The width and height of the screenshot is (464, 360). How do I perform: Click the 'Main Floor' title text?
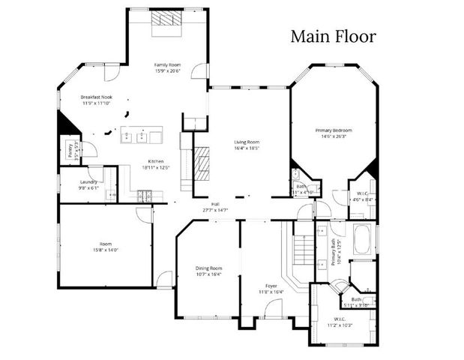point(334,36)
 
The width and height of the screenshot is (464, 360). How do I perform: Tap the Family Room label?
point(167,65)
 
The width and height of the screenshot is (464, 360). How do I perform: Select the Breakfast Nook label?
point(96,97)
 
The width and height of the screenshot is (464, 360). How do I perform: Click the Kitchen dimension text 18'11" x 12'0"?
point(156,167)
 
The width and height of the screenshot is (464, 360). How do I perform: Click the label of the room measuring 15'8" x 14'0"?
point(106,244)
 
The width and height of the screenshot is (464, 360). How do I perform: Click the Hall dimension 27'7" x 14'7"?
point(215,210)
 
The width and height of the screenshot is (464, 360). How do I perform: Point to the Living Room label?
point(246,142)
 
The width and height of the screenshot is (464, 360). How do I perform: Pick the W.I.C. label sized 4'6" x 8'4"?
point(361,193)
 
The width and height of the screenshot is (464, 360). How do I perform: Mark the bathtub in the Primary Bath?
point(363,239)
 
